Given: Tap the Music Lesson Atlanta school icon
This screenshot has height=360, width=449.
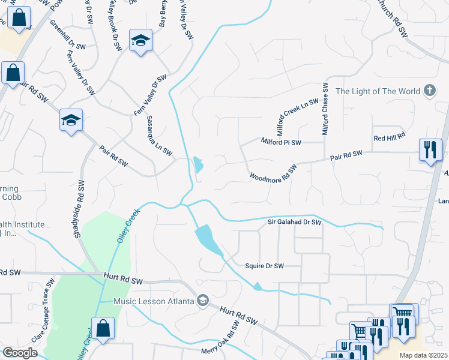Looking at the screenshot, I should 203,300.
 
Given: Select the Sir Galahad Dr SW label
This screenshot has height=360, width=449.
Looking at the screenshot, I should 294,222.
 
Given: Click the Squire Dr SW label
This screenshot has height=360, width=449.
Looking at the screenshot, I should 264,265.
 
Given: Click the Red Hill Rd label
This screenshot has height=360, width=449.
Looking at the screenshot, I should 390,138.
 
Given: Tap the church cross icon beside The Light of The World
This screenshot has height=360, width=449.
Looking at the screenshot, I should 429,91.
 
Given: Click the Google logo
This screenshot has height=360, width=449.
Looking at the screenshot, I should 20,352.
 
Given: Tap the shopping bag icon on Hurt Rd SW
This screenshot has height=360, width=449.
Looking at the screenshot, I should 103,328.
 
